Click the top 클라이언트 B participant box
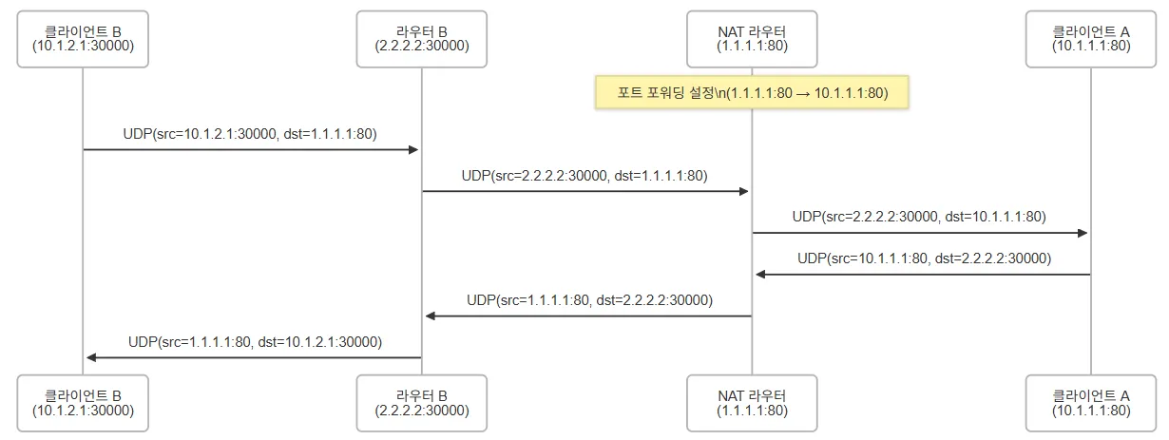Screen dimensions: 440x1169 (x=83, y=39)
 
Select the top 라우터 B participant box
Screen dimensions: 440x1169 (x=422, y=39)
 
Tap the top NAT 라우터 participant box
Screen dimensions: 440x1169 (x=752, y=39)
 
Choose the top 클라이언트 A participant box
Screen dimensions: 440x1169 (x=1091, y=39)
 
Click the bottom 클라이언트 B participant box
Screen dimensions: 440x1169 (x=83, y=403)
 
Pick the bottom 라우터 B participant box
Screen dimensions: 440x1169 (x=422, y=403)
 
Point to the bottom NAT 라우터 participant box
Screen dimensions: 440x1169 (x=752, y=403)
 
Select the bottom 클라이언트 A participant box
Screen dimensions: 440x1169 (x=1091, y=403)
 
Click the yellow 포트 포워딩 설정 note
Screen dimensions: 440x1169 (x=752, y=93)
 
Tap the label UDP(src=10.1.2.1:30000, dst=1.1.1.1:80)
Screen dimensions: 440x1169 (x=250, y=134)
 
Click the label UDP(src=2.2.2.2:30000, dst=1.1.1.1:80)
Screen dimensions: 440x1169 (x=584, y=176)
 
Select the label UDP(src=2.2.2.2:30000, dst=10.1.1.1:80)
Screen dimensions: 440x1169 (x=919, y=217)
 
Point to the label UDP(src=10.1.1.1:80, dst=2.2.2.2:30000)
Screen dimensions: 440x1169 (x=924, y=258)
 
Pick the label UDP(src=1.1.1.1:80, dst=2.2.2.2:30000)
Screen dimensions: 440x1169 (x=589, y=299)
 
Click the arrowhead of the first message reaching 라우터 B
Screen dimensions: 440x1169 (x=414, y=150)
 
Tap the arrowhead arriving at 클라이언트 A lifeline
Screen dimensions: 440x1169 (x=1083, y=233)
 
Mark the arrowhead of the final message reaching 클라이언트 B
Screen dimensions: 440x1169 (x=91, y=357)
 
